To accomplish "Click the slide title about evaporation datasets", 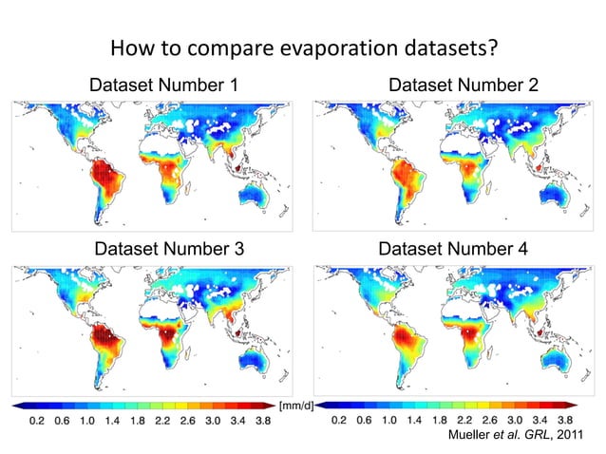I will click(306, 47).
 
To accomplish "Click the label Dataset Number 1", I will click(162, 86).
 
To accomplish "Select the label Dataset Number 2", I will click(463, 86).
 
